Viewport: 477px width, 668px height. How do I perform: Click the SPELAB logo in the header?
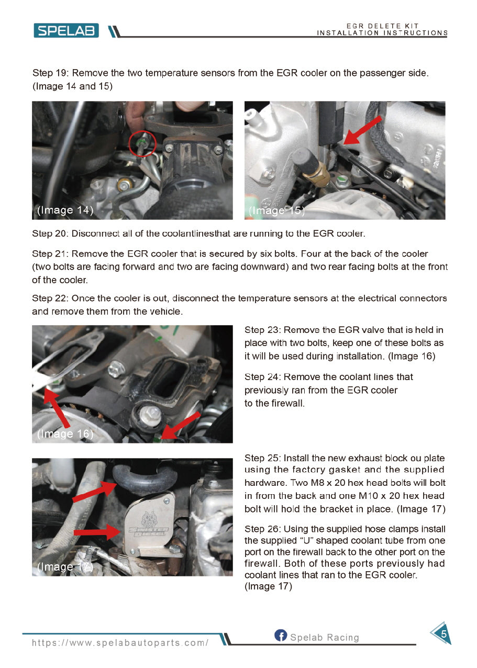pos(66,31)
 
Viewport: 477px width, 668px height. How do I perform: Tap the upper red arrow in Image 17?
pos(94,492)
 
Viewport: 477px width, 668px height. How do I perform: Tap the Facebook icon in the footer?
pos(281,635)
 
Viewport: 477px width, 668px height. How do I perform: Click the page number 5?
pos(443,634)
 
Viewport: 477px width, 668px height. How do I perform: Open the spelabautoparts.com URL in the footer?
pos(120,643)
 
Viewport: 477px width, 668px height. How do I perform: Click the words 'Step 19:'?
pos(51,73)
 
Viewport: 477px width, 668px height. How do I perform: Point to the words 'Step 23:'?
pos(262,330)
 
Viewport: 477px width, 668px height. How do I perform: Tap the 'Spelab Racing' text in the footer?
pos(325,638)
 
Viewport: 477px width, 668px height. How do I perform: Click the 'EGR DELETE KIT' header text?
pos(382,26)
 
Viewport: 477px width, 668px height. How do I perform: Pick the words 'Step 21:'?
pos(50,254)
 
